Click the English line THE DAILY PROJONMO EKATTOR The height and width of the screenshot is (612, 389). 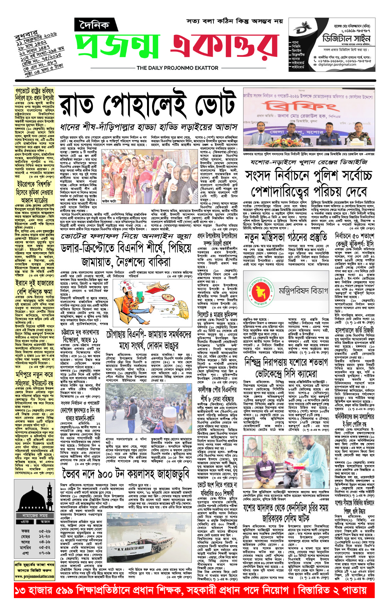pos(178,68)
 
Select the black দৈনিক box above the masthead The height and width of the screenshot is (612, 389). pos(94,25)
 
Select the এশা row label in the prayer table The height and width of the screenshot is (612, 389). pos(25,553)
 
